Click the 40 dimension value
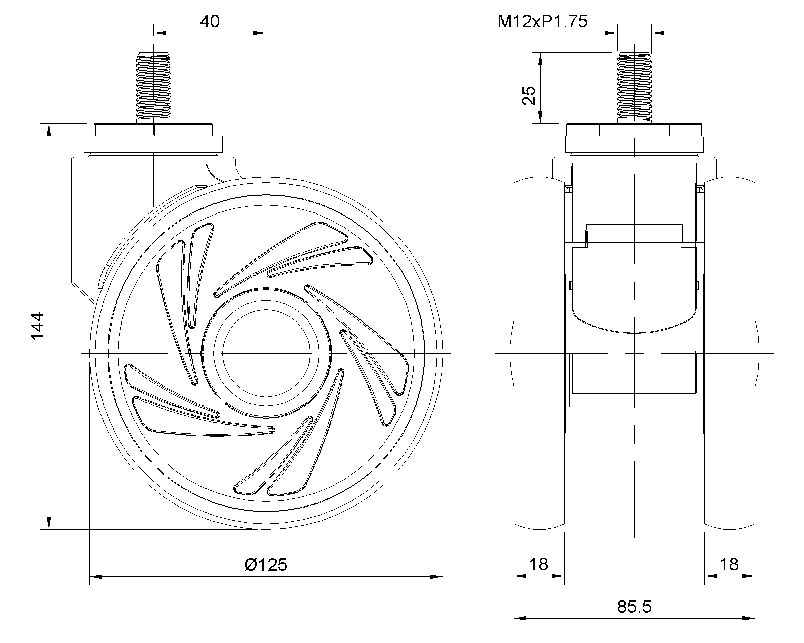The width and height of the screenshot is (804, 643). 210,21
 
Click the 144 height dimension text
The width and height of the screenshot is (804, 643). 37,326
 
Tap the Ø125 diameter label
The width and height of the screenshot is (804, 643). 266,565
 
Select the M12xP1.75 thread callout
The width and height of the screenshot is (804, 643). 543,21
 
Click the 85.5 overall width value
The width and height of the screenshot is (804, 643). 634,607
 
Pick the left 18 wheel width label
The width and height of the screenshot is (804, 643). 539,564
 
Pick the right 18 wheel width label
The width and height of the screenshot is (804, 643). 729,564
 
